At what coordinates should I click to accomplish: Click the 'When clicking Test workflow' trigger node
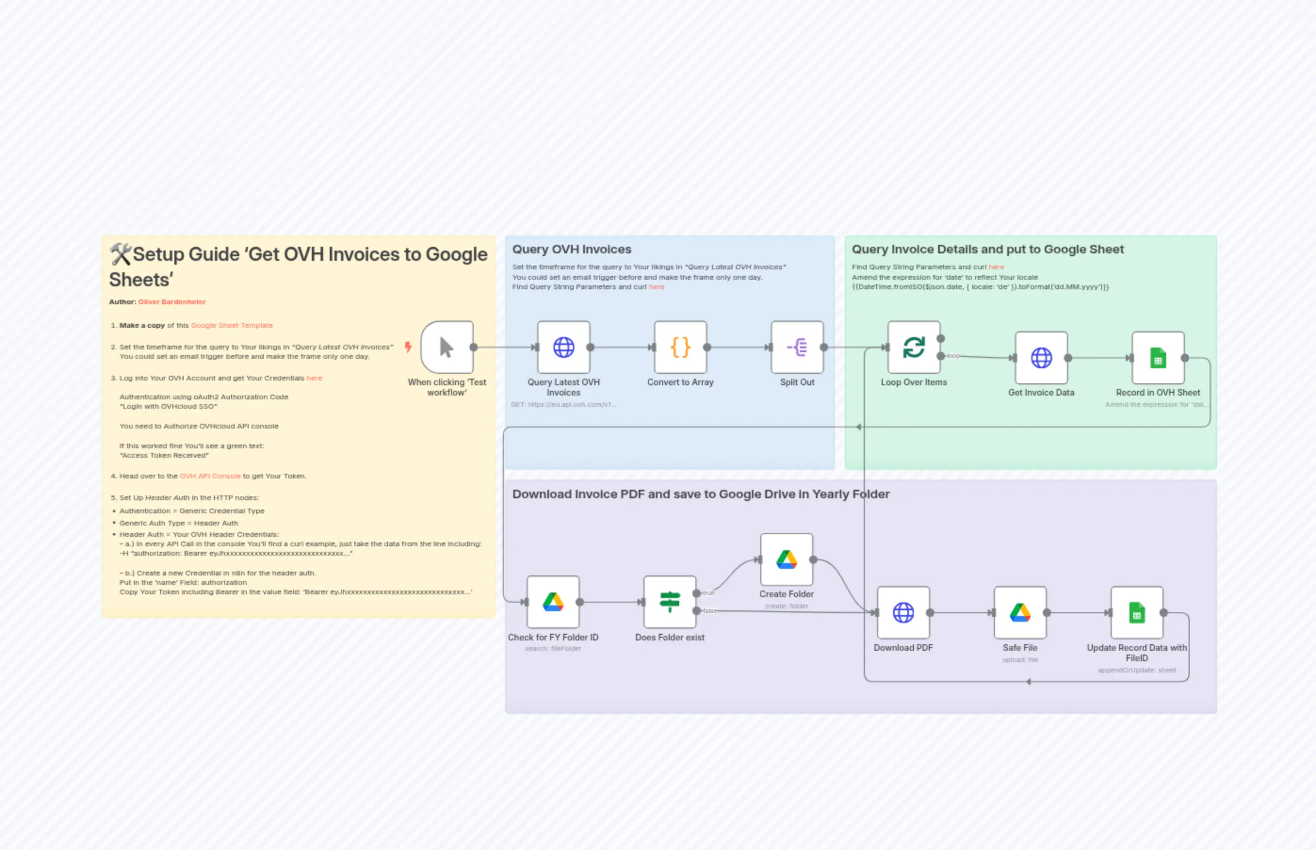(x=447, y=347)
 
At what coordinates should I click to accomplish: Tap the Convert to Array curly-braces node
(x=680, y=347)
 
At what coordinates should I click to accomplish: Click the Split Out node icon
(x=796, y=347)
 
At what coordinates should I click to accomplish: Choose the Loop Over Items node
(x=914, y=347)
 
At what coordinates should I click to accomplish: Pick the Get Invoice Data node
(x=1041, y=358)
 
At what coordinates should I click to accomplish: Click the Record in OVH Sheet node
(x=1158, y=358)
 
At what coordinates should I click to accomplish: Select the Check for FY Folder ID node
(x=552, y=602)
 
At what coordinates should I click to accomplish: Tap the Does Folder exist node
(x=670, y=602)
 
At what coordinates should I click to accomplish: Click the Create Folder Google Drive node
(x=786, y=559)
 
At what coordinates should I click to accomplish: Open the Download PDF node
(x=903, y=612)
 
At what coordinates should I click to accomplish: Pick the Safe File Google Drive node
(x=1020, y=612)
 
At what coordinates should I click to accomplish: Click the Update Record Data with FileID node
(x=1137, y=612)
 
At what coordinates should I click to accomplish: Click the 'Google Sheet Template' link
(x=232, y=325)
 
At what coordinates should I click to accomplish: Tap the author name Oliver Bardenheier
(x=171, y=302)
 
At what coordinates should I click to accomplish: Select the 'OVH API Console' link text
(x=210, y=476)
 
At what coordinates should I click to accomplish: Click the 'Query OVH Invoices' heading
(x=571, y=250)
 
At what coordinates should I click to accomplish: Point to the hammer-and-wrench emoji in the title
(x=120, y=254)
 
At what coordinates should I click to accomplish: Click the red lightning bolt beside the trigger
(x=408, y=347)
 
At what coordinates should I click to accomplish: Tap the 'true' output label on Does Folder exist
(x=709, y=593)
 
